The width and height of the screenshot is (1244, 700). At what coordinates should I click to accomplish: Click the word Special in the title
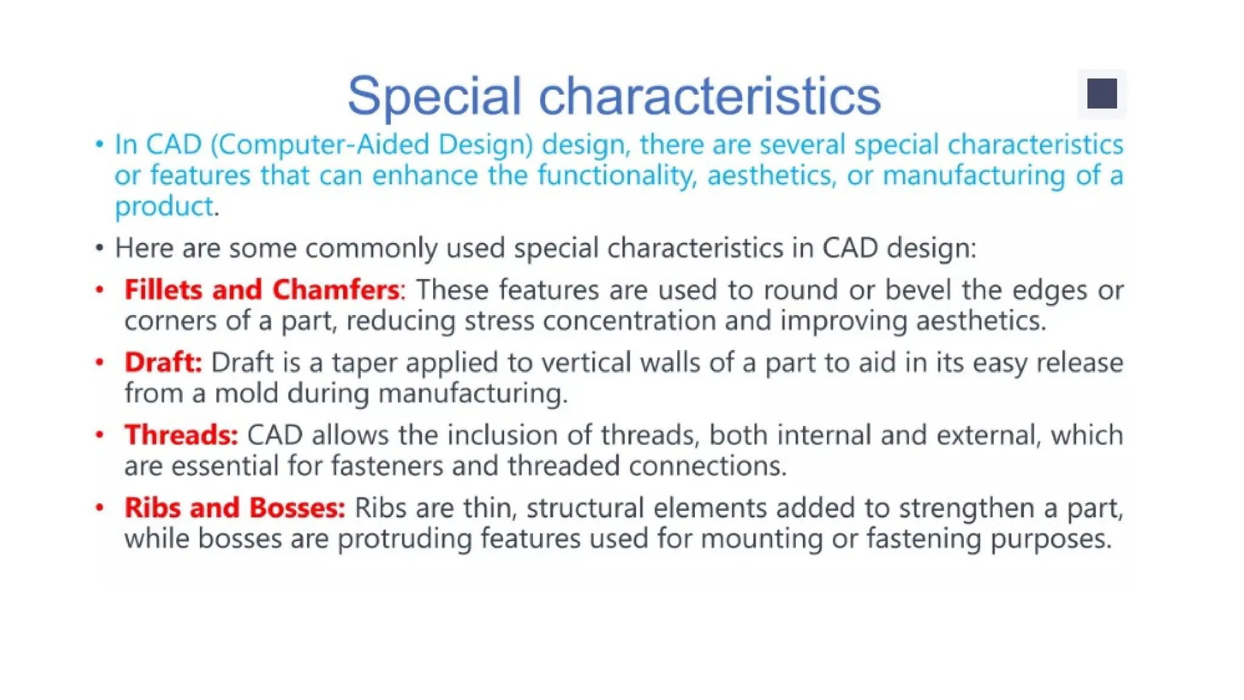click(x=434, y=96)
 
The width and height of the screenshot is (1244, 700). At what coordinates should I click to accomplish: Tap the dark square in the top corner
click(x=1102, y=94)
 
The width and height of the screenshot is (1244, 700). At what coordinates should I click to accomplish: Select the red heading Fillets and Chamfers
click(x=262, y=290)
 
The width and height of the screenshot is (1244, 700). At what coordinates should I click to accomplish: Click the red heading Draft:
click(x=163, y=362)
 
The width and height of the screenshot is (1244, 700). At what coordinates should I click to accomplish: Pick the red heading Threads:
click(x=181, y=435)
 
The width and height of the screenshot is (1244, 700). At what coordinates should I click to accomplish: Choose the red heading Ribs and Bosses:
click(x=234, y=507)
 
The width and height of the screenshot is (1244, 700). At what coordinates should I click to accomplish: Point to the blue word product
click(x=164, y=207)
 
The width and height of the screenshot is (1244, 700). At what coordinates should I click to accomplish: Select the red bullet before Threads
click(x=100, y=435)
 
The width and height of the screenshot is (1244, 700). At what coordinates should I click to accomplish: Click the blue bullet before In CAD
click(x=100, y=145)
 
